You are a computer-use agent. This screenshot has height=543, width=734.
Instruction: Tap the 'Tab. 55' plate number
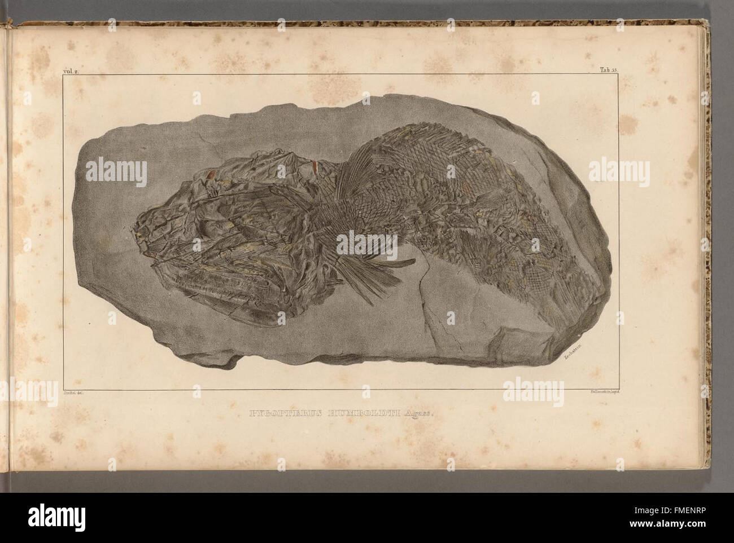pyautogui.click(x=665, y=70)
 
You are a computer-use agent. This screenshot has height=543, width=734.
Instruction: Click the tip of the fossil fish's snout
pyautogui.click(x=137, y=230)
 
